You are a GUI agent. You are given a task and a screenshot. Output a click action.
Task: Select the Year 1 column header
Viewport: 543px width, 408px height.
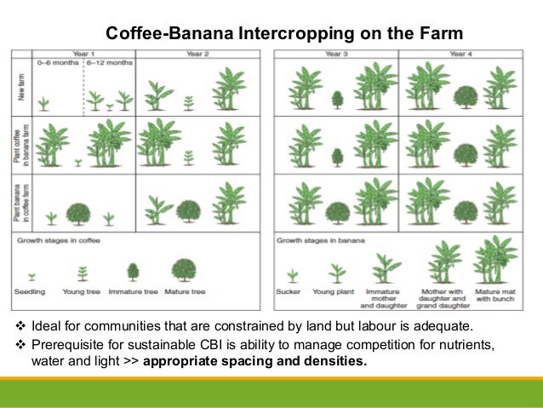(x=83, y=54)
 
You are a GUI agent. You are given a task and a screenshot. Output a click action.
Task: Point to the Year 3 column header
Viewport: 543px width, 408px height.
(x=335, y=54)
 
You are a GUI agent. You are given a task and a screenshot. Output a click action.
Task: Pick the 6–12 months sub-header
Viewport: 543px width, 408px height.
(x=109, y=63)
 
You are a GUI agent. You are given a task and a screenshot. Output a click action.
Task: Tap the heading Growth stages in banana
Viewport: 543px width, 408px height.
(x=320, y=241)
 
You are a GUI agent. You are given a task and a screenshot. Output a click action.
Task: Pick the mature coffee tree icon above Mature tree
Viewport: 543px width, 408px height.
(x=182, y=269)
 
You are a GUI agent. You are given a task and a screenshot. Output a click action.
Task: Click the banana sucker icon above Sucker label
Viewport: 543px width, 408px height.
(x=292, y=274)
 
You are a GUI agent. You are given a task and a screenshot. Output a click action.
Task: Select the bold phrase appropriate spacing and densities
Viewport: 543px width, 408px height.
(x=255, y=361)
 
